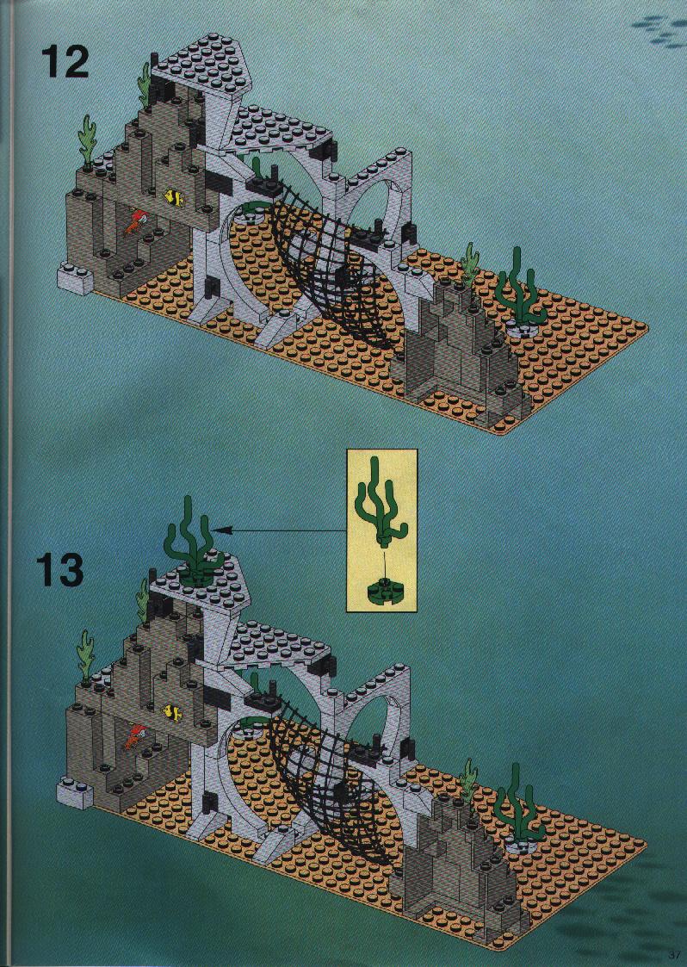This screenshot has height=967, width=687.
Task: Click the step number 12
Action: point(65,62)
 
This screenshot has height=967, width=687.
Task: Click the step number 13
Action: point(59,570)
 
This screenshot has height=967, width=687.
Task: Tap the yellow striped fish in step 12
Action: point(174,198)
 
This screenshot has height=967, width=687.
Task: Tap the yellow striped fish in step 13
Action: point(173,713)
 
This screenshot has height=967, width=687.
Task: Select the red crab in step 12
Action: point(135,224)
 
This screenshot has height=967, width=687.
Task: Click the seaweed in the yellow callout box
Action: point(379,503)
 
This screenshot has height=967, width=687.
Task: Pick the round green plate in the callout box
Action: point(384,591)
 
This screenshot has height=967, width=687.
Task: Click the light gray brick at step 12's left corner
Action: point(75,279)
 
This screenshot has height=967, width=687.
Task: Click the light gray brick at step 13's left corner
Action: point(75,794)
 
